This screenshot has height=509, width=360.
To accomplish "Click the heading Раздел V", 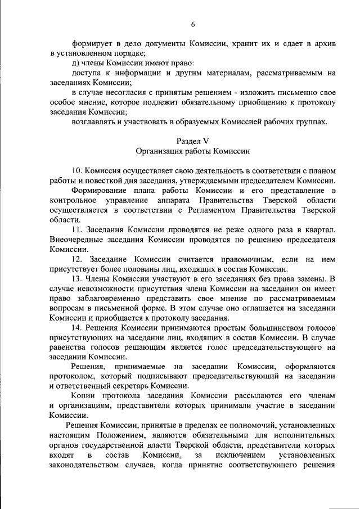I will (x=192, y=140).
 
